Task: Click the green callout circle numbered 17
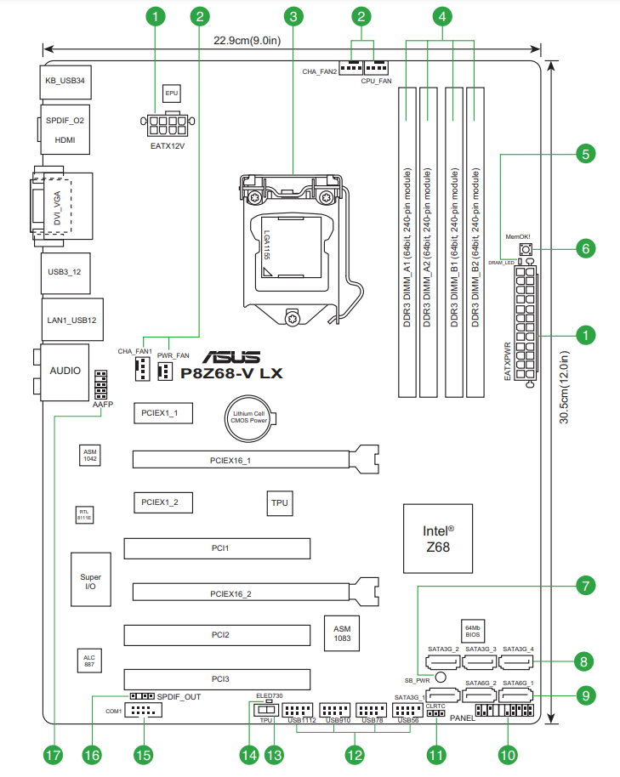pos(54,753)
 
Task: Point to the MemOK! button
pos(525,249)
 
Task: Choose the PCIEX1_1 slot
pos(162,413)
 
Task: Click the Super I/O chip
pos(90,582)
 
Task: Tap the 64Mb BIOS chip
pos(473,629)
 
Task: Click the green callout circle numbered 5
pos(584,154)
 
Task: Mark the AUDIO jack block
pos(65,371)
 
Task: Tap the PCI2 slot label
pos(219,635)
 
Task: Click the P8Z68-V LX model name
pos(232,372)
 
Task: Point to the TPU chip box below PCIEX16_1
pos(280,502)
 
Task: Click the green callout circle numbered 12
pos(354,753)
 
